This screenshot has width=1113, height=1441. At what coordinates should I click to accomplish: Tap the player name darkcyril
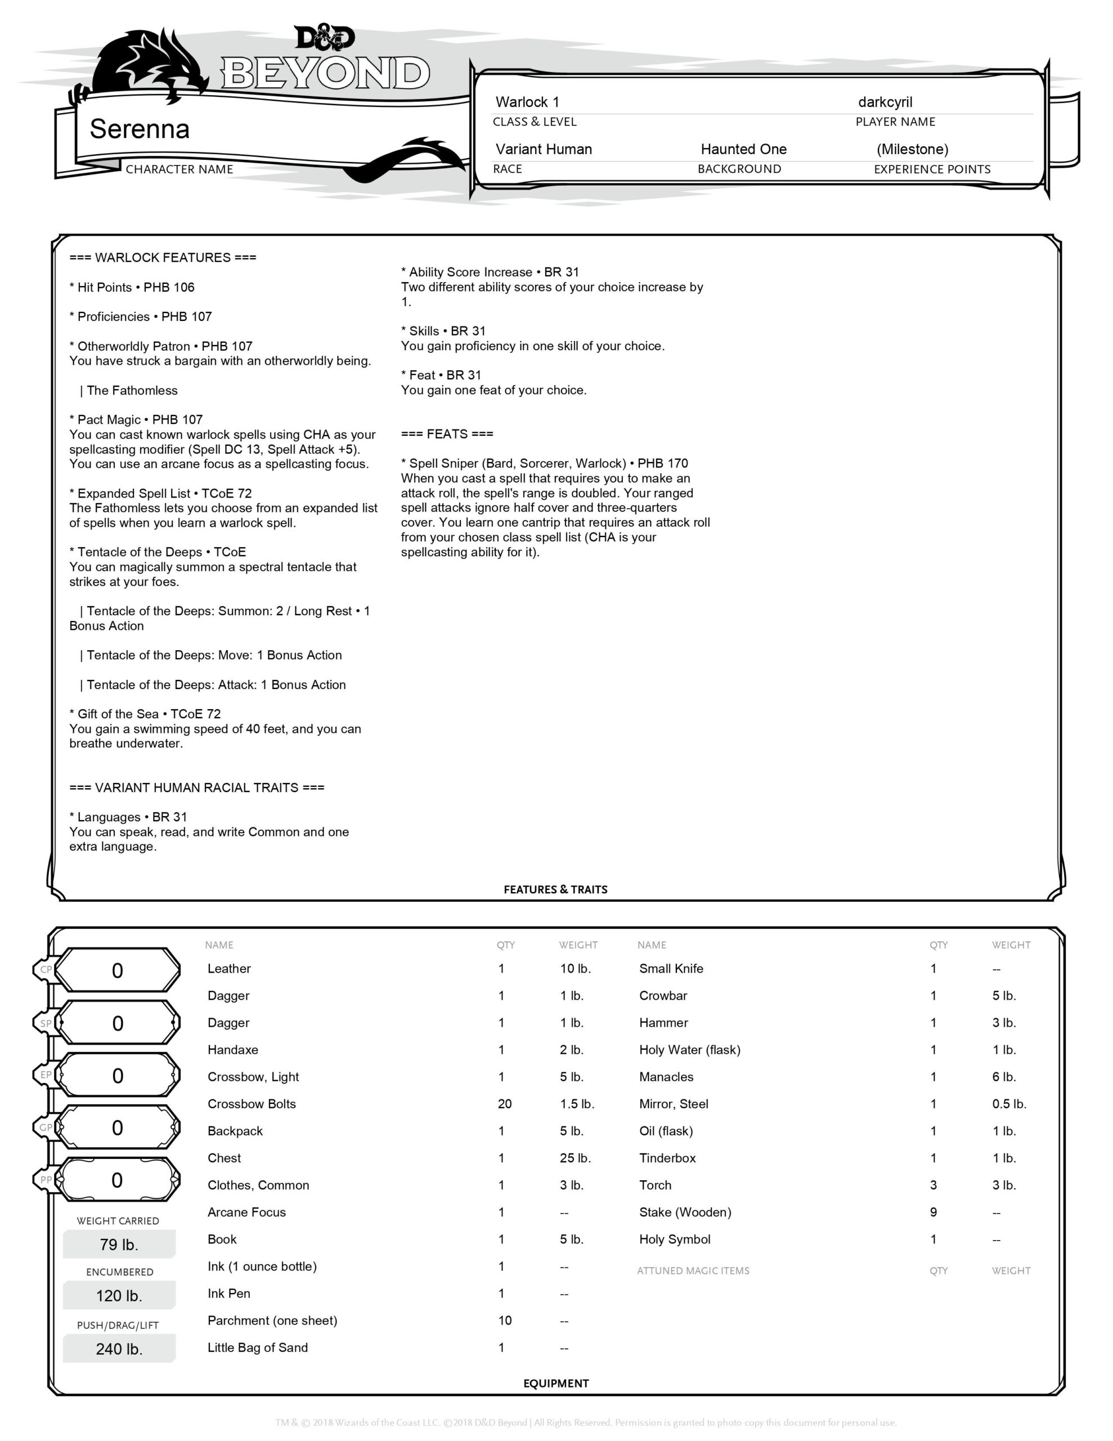885,102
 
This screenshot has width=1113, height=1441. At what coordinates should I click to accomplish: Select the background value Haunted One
743,149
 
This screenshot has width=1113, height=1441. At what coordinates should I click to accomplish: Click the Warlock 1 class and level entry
527,102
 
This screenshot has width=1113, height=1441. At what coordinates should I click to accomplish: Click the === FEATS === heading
447,434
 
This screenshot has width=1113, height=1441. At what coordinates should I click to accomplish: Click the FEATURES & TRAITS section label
555,889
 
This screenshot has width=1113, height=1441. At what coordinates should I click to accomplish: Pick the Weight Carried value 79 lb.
119,1245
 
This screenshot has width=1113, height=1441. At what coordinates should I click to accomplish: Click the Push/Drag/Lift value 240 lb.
119,1349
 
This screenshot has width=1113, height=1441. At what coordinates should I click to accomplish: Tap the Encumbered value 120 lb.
119,1296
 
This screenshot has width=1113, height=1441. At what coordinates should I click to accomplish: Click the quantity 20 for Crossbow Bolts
505,1104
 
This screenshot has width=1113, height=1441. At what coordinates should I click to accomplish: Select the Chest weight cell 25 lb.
575,1158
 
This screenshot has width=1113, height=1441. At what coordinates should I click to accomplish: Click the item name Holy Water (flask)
689,1050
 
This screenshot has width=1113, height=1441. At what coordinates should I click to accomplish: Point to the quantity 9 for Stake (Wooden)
933,1212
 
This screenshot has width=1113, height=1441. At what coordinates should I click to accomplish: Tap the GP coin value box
118,1127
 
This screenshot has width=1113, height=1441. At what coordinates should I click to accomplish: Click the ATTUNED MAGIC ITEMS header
693,1271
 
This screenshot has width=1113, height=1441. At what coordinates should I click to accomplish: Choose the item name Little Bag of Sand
257,1348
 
